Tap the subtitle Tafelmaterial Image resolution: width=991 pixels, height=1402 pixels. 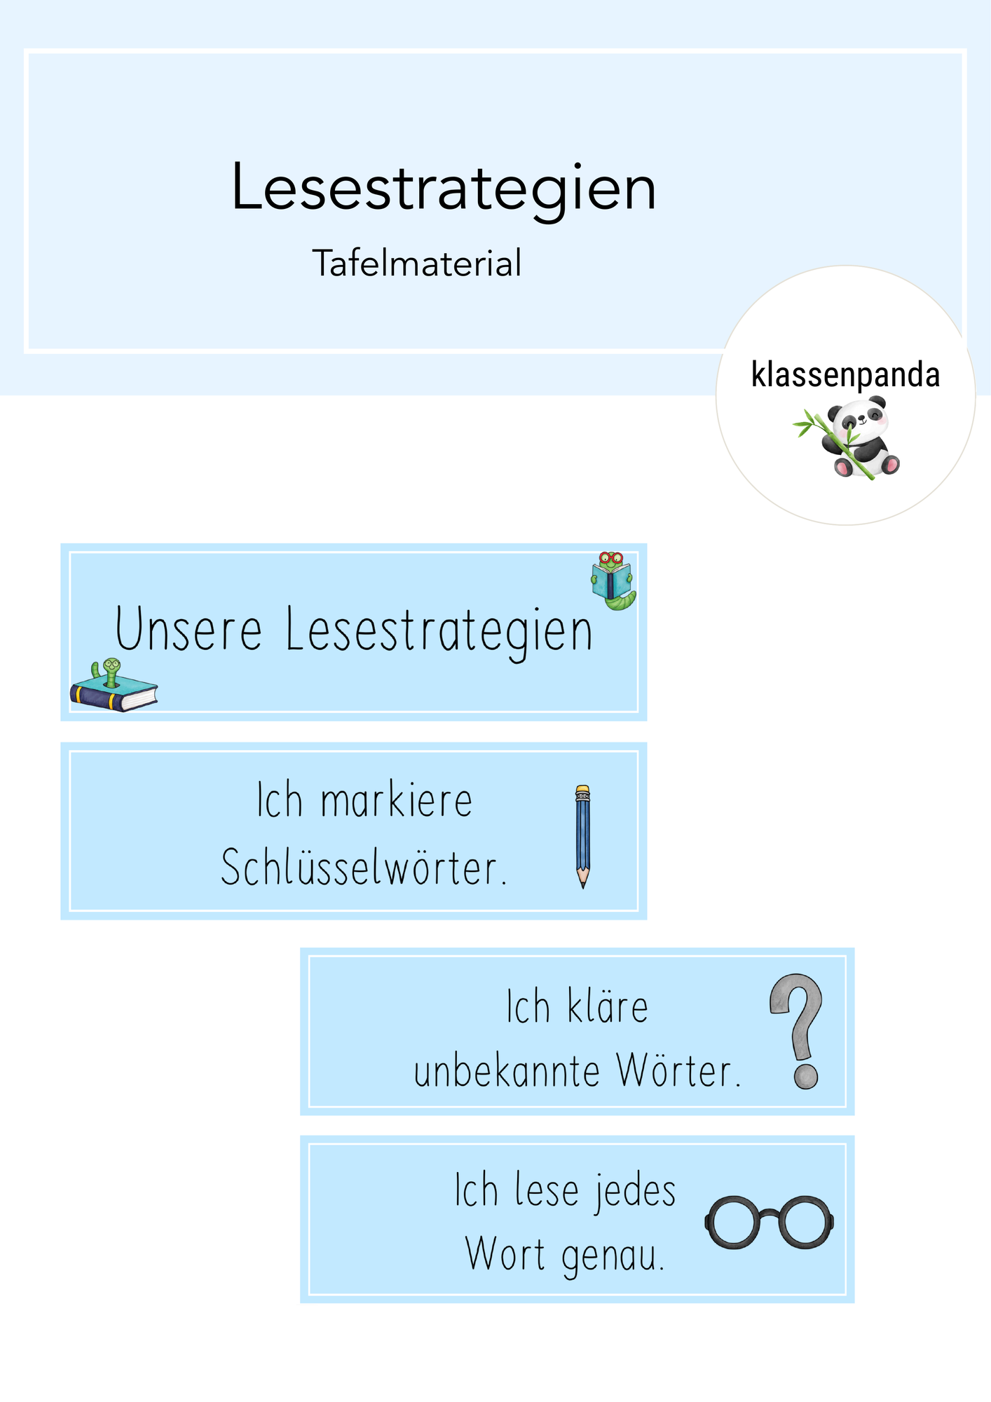click(x=417, y=264)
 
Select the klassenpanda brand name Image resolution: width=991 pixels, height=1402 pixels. click(x=845, y=375)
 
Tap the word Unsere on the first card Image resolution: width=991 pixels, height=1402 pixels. click(x=189, y=630)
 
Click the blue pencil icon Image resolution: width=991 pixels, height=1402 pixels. click(x=582, y=836)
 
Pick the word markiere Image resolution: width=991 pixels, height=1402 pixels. click(x=397, y=801)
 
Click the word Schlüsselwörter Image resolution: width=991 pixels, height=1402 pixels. click(x=364, y=867)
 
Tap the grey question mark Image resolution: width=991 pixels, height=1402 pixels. click(x=798, y=1030)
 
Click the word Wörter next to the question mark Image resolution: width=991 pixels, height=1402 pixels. click(x=678, y=1071)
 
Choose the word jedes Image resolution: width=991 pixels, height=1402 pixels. click(x=635, y=1192)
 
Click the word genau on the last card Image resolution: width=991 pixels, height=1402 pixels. click(x=613, y=1257)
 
